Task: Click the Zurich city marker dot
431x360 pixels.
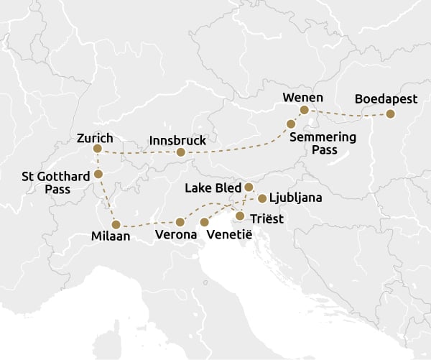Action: pos(98,149)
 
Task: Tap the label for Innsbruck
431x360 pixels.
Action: pos(177,139)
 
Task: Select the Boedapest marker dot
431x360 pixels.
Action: pos(390,114)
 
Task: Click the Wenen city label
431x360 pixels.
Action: pos(303,98)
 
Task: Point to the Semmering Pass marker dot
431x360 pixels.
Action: pos(291,124)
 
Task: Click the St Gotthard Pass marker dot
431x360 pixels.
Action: pos(98,174)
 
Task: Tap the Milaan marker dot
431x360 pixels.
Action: pos(116,224)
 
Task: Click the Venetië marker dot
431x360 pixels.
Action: pos(205,222)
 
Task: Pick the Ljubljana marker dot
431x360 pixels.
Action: pos(263,198)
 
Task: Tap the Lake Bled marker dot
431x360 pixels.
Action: pos(249,187)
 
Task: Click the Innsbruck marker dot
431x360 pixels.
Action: pos(181,152)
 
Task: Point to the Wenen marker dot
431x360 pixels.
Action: pos(304,110)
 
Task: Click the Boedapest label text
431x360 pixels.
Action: pos(386,100)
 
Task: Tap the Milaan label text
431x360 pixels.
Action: pos(111,236)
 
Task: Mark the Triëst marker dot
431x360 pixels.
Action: pos(240,216)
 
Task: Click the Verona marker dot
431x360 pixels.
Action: pos(180,222)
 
